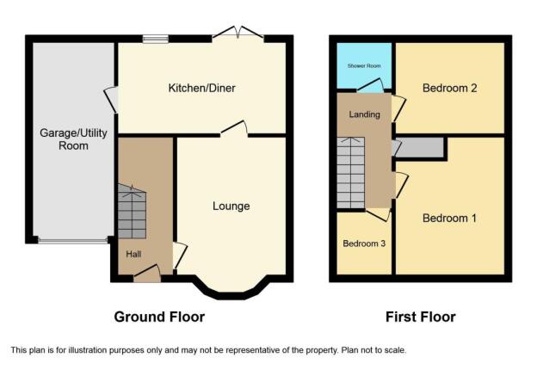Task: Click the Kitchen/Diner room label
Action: tap(201, 89)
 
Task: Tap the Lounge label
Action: tap(231, 206)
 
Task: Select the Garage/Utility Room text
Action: tap(73, 139)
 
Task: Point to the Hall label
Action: tap(133, 254)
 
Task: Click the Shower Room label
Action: tap(364, 65)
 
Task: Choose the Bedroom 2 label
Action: tap(450, 88)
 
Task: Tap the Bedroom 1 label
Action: tap(449, 219)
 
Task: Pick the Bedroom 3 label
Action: tap(364, 243)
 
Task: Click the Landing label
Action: tap(364, 114)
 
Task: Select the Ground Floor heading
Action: tap(159, 317)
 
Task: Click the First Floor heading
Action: tap(421, 317)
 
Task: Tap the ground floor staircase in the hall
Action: tap(132, 212)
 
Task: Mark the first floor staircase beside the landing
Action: tap(351, 173)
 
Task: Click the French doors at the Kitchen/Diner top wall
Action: tap(238, 33)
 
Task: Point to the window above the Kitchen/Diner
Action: tap(156, 39)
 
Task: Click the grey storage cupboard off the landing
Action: tap(420, 148)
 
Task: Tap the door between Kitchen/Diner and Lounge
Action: tap(234, 129)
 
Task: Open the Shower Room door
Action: tap(370, 85)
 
